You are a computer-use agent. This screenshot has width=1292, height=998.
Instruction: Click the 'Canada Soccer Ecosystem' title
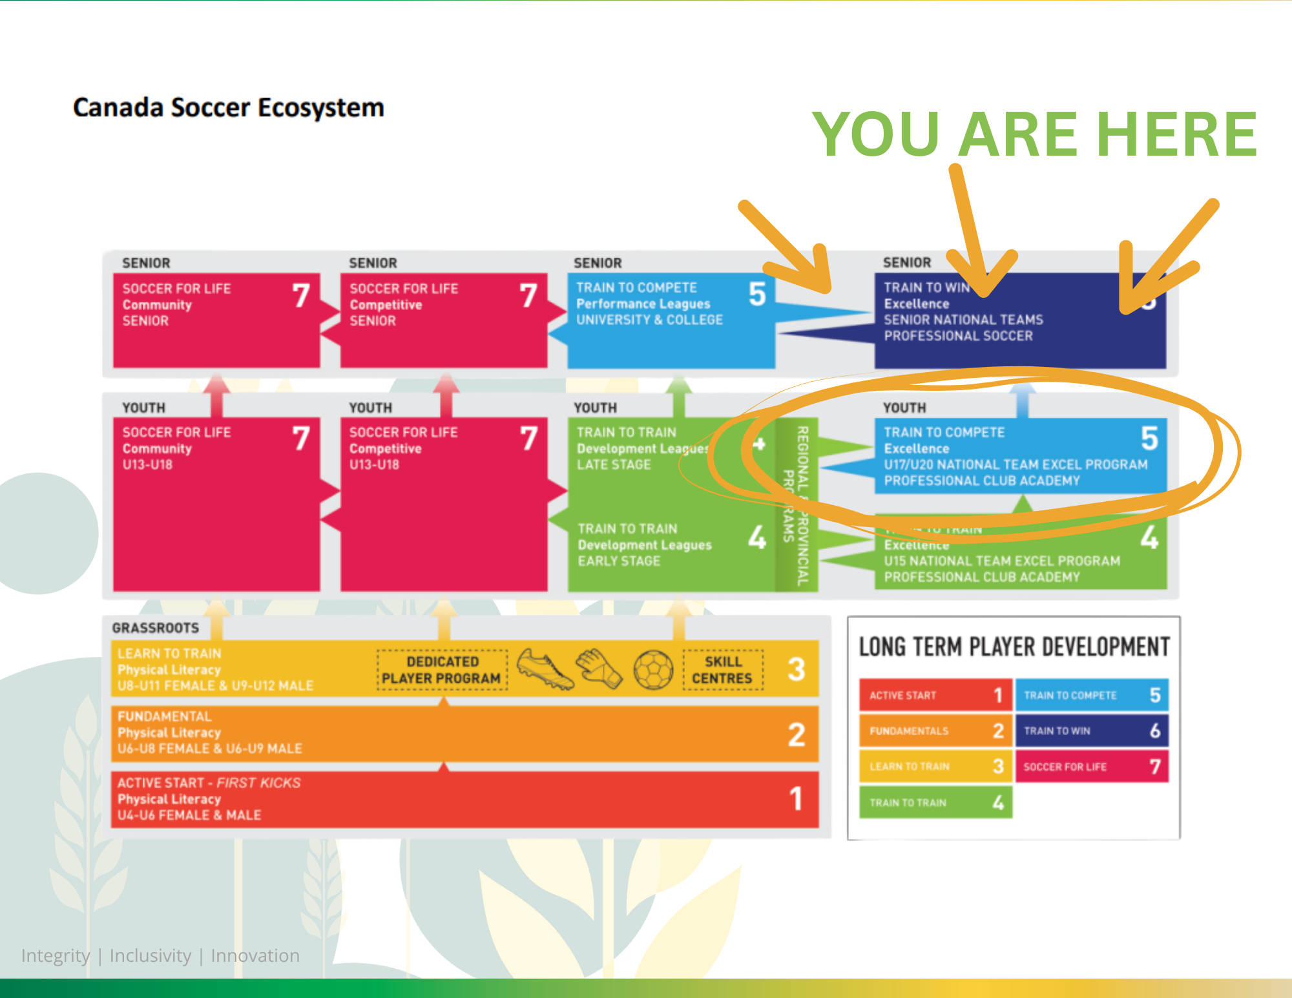tap(228, 107)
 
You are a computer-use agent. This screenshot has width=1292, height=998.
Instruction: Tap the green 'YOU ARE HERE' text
tap(1034, 134)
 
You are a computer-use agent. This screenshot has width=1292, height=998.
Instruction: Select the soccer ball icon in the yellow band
tap(653, 670)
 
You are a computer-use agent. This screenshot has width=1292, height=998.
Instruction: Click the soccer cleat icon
tap(545, 669)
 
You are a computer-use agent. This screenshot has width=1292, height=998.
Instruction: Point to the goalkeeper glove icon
tap(599, 669)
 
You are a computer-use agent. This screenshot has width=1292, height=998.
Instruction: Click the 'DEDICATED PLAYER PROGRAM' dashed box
tap(442, 670)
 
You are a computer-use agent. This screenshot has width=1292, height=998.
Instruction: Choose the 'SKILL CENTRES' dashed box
tap(722, 670)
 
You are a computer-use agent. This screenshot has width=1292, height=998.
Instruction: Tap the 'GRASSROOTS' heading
tap(156, 628)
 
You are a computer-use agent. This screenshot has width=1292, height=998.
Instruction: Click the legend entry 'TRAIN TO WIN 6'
tap(1092, 731)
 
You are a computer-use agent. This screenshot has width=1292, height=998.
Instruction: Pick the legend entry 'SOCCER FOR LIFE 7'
tap(1092, 767)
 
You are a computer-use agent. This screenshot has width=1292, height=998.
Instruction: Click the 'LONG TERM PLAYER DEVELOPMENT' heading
tap(1014, 647)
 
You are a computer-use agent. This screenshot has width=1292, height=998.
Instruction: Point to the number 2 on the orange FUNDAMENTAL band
tap(796, 734)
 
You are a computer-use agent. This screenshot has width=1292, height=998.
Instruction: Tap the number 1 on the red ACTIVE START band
tap(796, 799)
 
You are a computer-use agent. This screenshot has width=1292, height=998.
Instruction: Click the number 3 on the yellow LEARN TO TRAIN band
tap(796, 669)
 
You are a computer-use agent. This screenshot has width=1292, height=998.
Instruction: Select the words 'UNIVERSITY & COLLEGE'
tap(649, 320)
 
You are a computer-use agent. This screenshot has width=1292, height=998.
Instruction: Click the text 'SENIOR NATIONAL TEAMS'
tap(963, 320)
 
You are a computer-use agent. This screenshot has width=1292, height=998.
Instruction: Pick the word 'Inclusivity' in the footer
tap(151, 955)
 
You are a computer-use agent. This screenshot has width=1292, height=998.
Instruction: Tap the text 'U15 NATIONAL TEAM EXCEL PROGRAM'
tap(1002, 561)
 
